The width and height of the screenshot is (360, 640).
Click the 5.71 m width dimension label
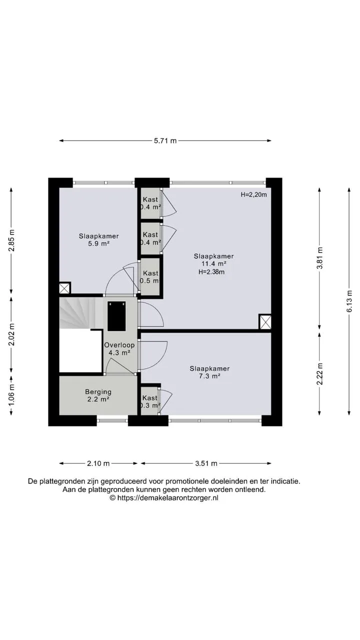pyautogui.click(x=165, y=140)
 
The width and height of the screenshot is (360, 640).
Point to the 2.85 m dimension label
pyautogui.click(x=11, y=240)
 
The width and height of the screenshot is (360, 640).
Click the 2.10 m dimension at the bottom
pyautogui.click(x=98, y=463)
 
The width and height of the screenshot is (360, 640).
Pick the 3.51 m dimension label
pyautogui.click(x=206, y=463)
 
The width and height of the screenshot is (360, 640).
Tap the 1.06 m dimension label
pyautogui.click(x=11, y=395)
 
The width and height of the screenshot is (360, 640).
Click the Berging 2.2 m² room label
pyautogui.click(x=98, y=395)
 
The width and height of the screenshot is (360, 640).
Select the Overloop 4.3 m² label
pyautogui.click(x=119, y=348)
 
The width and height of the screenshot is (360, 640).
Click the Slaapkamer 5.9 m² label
pyautogui.click(x=99, y=240)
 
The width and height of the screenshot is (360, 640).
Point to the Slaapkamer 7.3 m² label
pyautogui.click(x=209, y=372)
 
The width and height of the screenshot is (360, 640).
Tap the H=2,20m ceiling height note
pyautogui.click(x=253, y=195)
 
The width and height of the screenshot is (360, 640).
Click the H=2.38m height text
pyautogui.click(x=211, y=272)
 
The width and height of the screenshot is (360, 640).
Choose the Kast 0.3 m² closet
pyautogui.click(x=149, y=401)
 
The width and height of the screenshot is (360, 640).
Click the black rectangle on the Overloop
pyautogui.click(x=116, y=316)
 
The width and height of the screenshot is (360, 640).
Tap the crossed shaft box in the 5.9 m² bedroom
pyautogui.click(x=64, y=288)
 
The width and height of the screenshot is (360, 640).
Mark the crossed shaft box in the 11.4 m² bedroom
pyautogui.click(x=265, y=322)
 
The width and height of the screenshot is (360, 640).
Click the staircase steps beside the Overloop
pyautogui.click(x=81, y=313)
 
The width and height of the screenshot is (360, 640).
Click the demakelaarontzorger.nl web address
pyautogui.click(x=168, y=497)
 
